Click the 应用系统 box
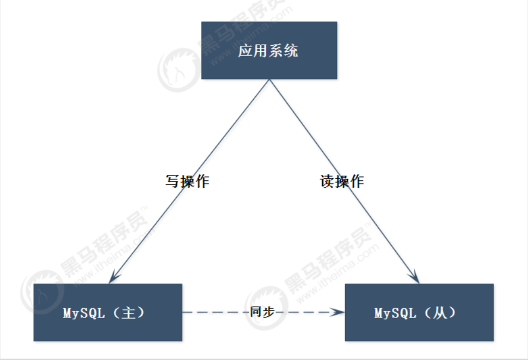tap(269, 51)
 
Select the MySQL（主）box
tap(107, 312)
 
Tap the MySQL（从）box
tap(419, 312)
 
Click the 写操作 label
tap(187, 181)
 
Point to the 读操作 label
tap(342, 181)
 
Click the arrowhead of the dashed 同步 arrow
tap(339, 312)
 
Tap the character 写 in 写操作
tap(173, 181)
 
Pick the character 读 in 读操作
tap(327, 181)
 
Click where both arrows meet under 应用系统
tap(269, 81)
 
